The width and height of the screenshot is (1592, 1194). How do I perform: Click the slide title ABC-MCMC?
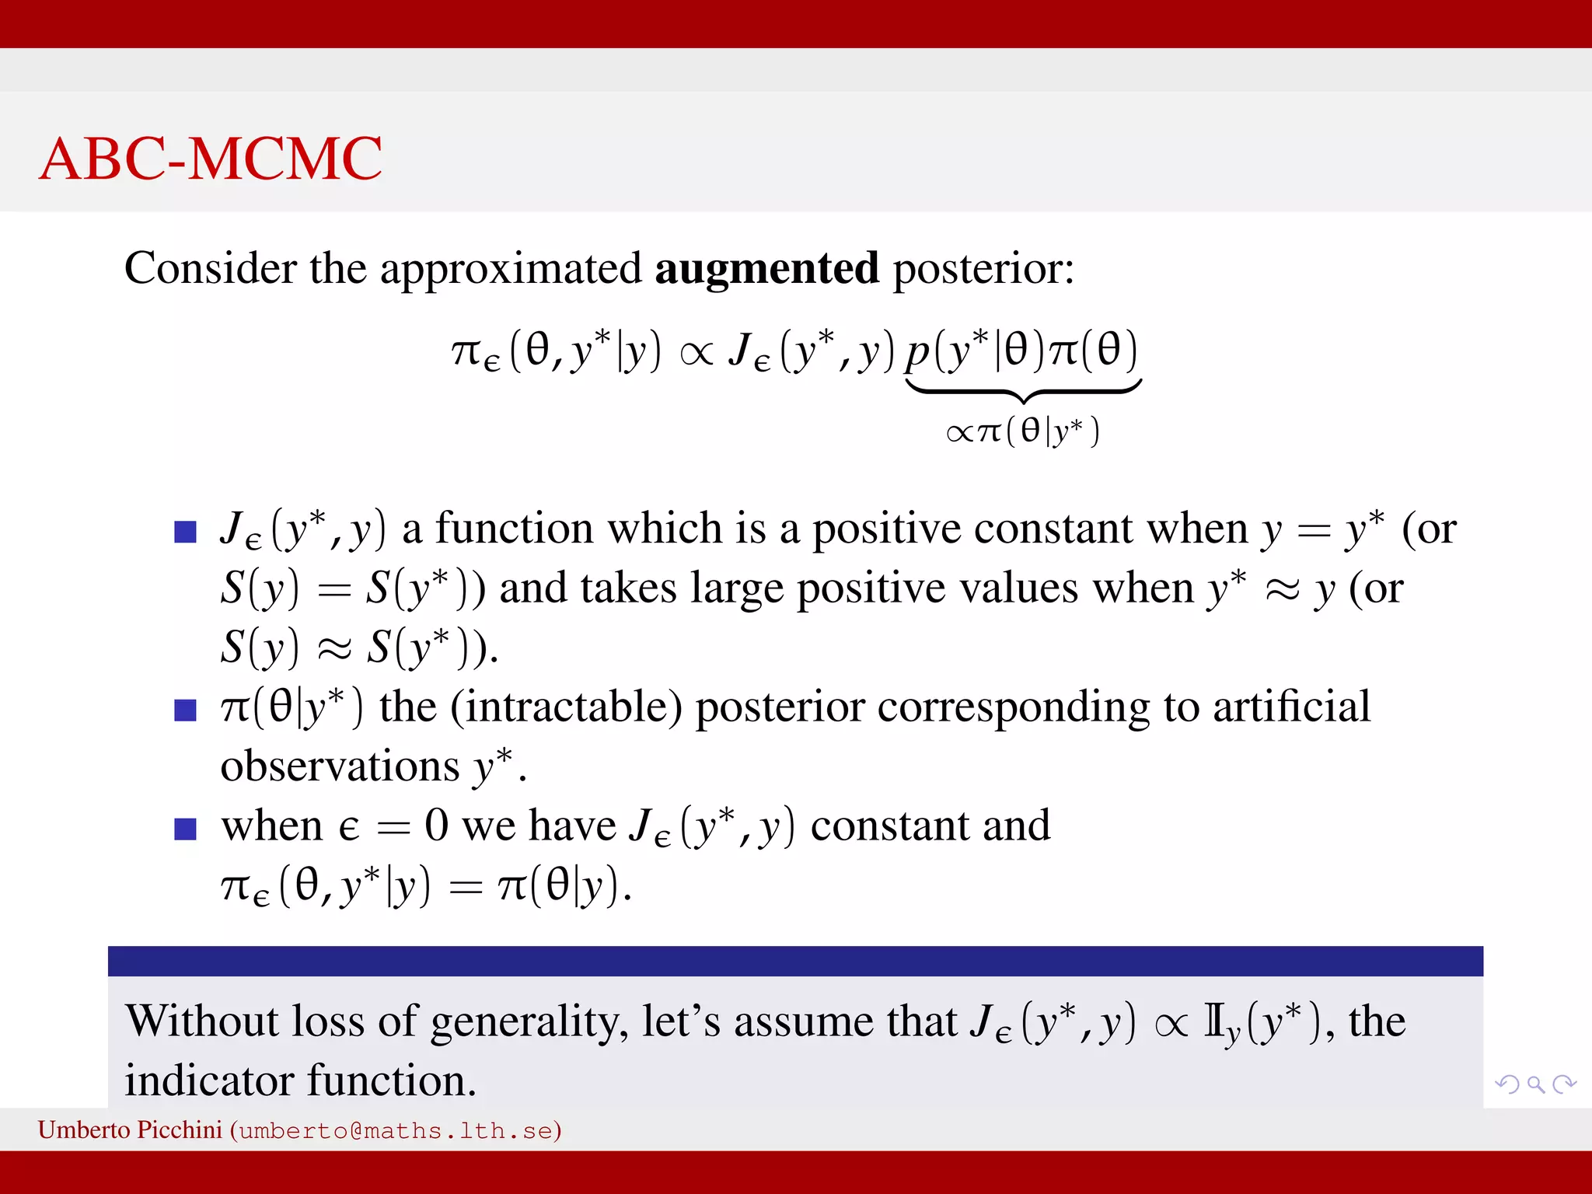pyautogui.click(x=210, y=159)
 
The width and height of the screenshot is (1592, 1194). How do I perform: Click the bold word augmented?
pyautogui.click(x=766, y=269)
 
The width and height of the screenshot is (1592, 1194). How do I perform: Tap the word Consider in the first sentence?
pyautogui.click(x=209, y=269)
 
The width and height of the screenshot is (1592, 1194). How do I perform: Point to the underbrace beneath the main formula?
pyautogui.click(x=1023, y=391)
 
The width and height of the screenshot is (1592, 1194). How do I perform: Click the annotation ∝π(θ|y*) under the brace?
pyautogui.click(x=1023, y=431)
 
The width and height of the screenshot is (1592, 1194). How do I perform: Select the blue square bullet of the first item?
pyautogui.click(x=185, y=532)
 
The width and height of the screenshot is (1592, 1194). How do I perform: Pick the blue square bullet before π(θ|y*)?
pyautogui.click(x=185, y=710)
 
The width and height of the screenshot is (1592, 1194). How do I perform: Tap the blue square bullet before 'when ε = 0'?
pyautogui.click(x=185, y=829)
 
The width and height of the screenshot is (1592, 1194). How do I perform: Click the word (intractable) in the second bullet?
pyautogui.click(x=566, y=708)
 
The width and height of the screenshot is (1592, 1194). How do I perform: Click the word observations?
pyautogui.click(x=340, y=767)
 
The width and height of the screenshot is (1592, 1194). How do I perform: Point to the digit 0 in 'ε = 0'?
pyautogui.click(x=436, y=826)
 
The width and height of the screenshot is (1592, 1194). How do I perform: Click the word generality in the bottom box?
pyautogui.click(x=529, y=1022)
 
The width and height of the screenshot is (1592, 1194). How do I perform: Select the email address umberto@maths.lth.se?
pyautogui.click(x=396, y=1131)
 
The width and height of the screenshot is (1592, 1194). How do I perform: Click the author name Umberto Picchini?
pyautogui.click(x=130, y=1130)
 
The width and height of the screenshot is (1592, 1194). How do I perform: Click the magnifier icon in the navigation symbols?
pyautogui.click(x=1535, y=1084)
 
